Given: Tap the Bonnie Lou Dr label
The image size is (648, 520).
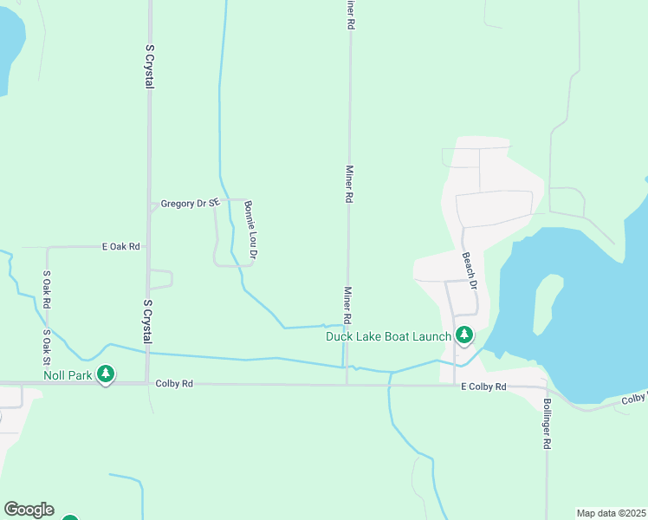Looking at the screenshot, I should [249, 231].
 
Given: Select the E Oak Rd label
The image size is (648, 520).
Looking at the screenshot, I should [120, 247].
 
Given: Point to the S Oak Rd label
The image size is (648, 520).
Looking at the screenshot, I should [48, 290].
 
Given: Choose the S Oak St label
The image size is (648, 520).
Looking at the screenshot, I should [48, 347].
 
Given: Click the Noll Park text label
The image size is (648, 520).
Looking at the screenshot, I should [68, 375].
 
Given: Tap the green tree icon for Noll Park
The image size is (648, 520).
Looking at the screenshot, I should [106, 374].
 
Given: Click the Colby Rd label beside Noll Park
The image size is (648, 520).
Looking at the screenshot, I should [174, 383].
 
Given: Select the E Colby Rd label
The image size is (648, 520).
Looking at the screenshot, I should [483, 387].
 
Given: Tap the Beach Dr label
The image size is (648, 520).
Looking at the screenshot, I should [470, 270].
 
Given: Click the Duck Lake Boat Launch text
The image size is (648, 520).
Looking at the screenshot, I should [388, 336].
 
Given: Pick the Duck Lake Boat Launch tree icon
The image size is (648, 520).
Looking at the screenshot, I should [464, 335].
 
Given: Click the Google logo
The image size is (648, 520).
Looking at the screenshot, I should [29, 510].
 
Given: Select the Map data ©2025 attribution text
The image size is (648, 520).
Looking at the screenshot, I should [611, 513].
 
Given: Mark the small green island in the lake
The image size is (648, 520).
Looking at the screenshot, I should [544, 303].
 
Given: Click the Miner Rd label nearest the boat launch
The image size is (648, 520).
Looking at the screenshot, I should [348, 308].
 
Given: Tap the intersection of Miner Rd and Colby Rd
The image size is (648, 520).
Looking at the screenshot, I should [347, 384].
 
